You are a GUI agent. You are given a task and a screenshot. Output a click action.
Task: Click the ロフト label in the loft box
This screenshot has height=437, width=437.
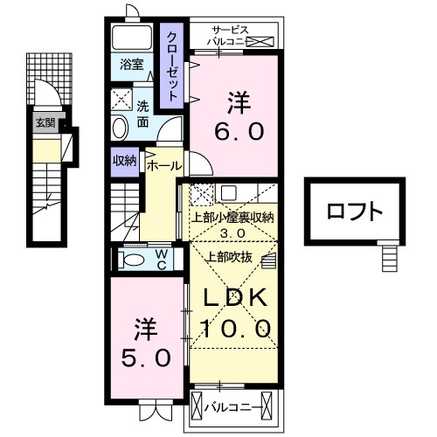pos(355,212)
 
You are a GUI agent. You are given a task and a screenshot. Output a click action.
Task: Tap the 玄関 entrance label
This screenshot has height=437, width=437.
pos(45,123)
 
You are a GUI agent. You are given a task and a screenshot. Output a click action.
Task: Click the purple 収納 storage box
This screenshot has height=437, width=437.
pos(124,160)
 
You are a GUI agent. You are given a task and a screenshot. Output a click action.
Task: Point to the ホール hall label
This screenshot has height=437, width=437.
pos(164,165)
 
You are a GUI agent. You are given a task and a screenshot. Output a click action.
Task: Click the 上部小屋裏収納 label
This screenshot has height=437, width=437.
pos(231,218)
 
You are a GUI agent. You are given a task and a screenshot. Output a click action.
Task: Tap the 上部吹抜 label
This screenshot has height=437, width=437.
pos(228,256)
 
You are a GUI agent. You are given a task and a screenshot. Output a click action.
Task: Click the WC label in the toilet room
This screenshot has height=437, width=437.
pos(162,259)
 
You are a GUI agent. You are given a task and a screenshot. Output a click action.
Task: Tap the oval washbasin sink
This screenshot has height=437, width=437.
pos(121,128)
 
